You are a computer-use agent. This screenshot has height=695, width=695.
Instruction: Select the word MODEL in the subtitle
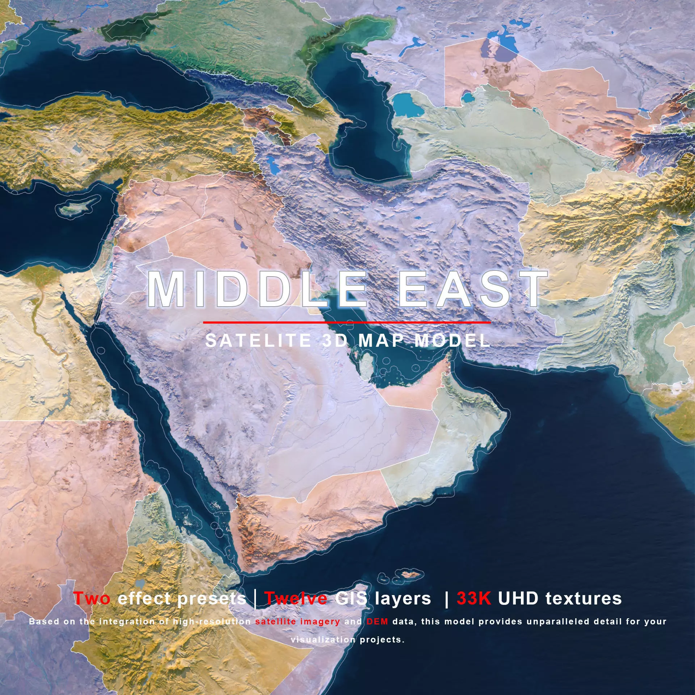click(452, 341)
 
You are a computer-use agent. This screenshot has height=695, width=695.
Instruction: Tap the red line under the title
click(347, 322)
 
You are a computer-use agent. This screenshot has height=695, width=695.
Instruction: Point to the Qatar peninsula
click(366, 366)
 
